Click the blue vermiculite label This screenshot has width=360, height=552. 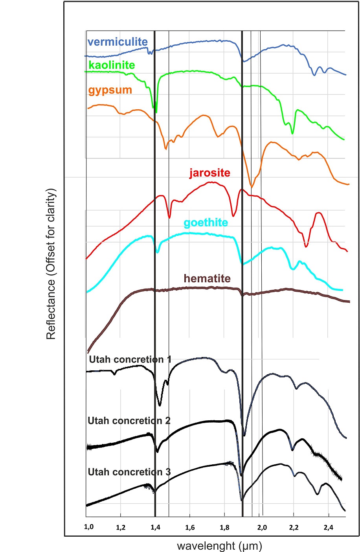coord(118,42)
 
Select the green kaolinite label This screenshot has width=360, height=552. coord(112,65)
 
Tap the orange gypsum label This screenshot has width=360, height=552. coord(110,90)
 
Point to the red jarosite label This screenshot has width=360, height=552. coord(210,173)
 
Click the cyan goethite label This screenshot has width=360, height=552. coord(206,223)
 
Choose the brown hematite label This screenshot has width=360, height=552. coord(207,278)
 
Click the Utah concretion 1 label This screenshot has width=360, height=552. coord(130,359)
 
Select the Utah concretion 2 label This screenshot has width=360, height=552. coord(129,421)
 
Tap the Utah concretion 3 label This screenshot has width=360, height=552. coord(129,472)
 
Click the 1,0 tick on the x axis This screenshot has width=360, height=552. coord(89,527)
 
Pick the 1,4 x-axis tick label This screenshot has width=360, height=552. coord(155,527)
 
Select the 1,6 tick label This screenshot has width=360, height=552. coord(190,527)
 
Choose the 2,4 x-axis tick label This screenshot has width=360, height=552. coord(329,527)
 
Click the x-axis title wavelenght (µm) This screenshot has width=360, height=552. coord(219,546)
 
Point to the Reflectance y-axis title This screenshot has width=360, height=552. coord(51,263)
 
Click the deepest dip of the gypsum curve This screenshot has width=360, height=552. coord(252,186)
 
